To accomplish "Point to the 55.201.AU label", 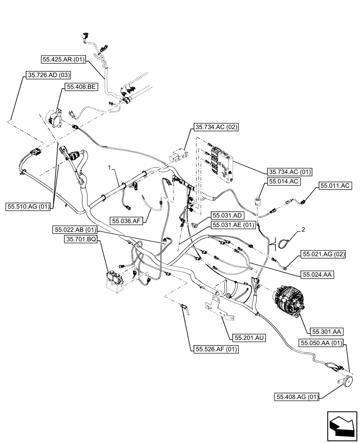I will click(x=250, y=338).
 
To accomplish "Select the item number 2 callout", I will click(x=303, y=229).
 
